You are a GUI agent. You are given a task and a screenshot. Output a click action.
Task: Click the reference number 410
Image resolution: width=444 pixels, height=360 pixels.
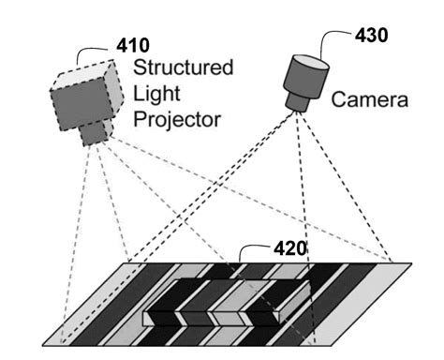[132, 46]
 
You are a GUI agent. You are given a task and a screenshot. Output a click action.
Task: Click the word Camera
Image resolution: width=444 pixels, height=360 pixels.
[371, 97]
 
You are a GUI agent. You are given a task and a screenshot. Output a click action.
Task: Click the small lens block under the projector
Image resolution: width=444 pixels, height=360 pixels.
[93, 133]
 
